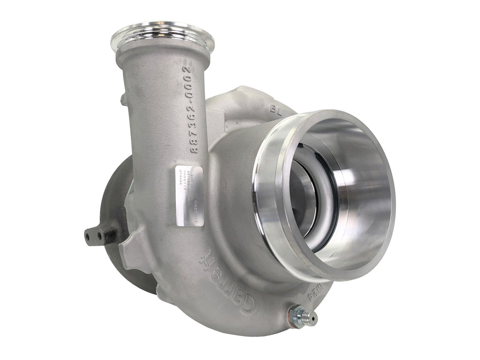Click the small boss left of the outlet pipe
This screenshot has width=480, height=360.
coord(123,99)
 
